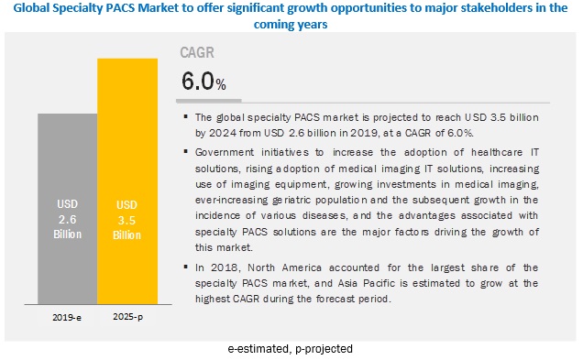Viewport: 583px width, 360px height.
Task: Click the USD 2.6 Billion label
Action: click(67, 216)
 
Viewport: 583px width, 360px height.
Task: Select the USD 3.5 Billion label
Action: click(127, 216)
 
